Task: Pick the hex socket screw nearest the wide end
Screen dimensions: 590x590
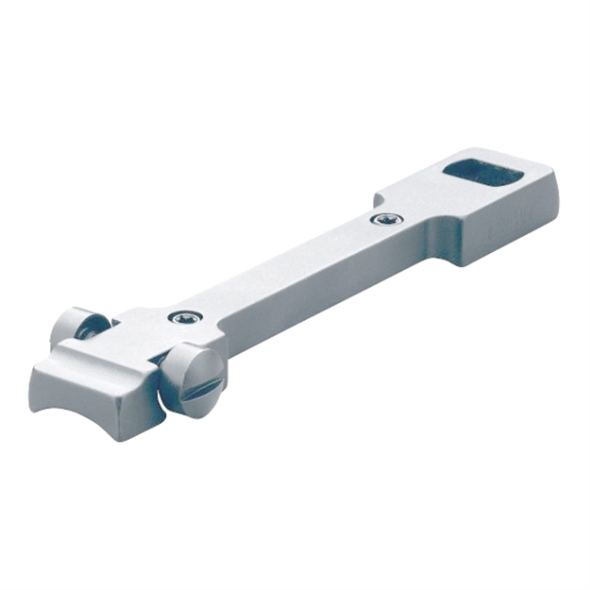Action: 386,219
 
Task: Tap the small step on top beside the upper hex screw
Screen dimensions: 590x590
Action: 379,200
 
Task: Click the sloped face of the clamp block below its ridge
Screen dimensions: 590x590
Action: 104,387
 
